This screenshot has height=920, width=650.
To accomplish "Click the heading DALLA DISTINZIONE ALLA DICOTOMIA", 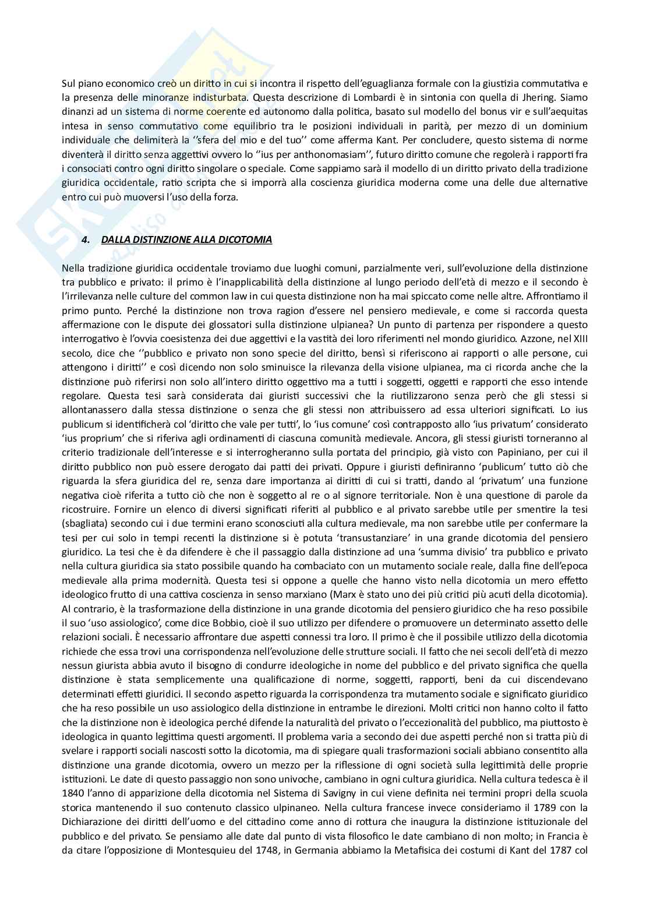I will tap(186, 239).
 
